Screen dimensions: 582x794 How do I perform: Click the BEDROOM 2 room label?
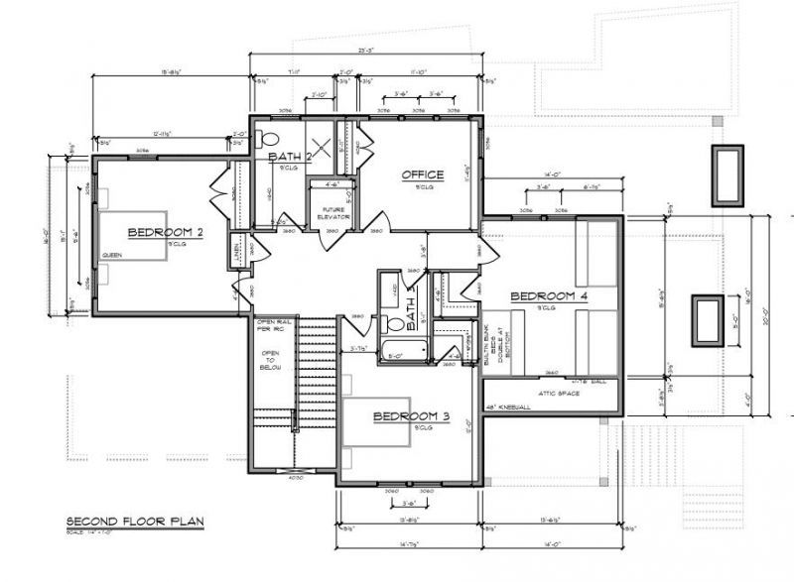click(166, 232)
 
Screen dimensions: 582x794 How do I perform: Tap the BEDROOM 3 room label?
click(411, 416)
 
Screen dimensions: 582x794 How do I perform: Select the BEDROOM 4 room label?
click(549, 296)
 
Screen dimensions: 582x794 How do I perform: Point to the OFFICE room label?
click(422, 175)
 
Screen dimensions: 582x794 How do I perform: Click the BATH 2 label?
click(290, 157)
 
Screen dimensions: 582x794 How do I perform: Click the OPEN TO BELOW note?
click(270, 359)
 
